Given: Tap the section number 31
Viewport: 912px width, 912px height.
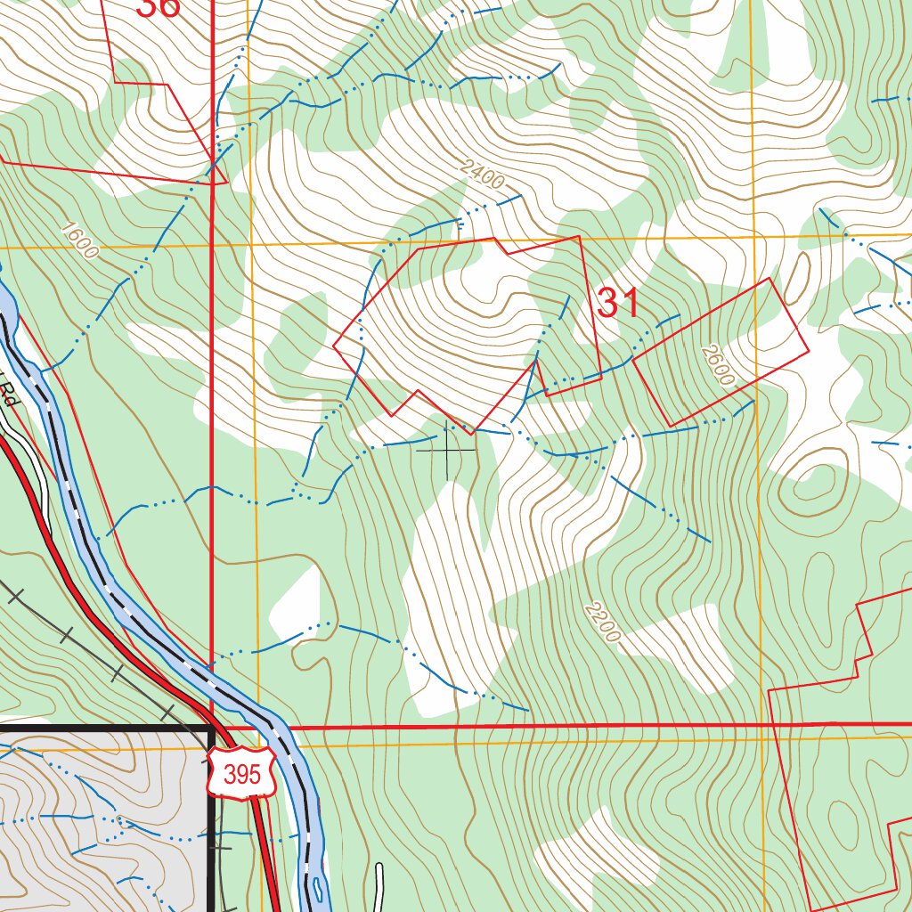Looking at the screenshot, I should (618, 304).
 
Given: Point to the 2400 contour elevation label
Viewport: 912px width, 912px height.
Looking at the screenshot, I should (484, 175).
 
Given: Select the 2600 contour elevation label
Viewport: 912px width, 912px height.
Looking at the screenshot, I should (717, 365).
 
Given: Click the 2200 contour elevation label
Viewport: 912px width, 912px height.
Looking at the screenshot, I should (602, 623).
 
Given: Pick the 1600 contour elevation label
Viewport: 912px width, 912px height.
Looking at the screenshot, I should (80, 239).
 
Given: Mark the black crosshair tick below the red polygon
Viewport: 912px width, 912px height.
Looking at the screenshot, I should (447, 450).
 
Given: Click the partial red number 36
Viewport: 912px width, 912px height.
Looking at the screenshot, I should (158, 7).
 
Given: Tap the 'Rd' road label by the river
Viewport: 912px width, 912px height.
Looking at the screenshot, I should (9, 392).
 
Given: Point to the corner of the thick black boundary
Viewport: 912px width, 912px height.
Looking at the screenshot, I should (211, 729).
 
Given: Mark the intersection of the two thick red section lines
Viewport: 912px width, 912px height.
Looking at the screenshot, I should (212, 728).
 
